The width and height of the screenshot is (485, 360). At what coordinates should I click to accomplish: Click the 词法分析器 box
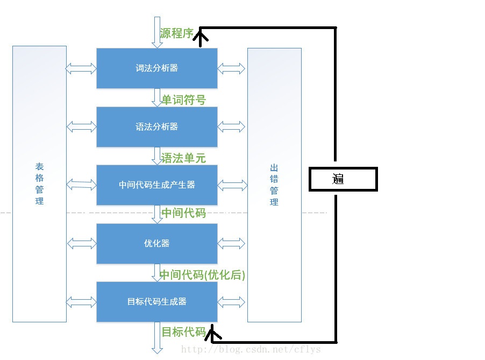click(x=156, y=68)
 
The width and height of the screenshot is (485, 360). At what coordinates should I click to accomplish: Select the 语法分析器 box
click(x=156, y=127)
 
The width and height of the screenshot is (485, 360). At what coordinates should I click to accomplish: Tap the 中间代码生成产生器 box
click(x=156, y=185)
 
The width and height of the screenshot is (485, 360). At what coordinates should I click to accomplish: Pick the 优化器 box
click(x=156, y=243)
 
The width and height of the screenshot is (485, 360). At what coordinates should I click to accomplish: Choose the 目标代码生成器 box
click(x=156, y=302)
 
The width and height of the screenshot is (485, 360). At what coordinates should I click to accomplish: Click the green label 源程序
click(x=177, y=33)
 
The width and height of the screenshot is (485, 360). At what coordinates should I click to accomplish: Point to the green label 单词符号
click(x=184, y=100)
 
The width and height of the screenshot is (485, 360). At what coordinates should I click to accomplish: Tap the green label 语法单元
click(x=184, y=158)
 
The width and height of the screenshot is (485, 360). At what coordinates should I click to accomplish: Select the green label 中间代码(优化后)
click(x=202, y=276)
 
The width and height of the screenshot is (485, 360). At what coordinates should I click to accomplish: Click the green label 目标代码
click(x=184, y=332)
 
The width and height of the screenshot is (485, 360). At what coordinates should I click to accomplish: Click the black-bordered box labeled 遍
click(x=343, y=179)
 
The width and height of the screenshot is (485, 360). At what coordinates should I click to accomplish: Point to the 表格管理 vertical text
click(x=39, y=184)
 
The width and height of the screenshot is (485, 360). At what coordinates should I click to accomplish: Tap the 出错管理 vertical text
click(x=274, y=185)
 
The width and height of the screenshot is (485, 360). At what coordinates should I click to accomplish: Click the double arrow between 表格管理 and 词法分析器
click(x=81, y=68)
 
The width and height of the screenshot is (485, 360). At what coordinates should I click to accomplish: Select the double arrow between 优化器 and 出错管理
click(x=232, y=243)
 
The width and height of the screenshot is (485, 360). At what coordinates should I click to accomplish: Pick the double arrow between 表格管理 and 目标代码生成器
click(x=81, y=302)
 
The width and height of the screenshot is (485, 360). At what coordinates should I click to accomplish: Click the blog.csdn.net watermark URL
click(x=251, y=349)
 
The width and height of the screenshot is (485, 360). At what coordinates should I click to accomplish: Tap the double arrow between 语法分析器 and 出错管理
click(x=232, y=127)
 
